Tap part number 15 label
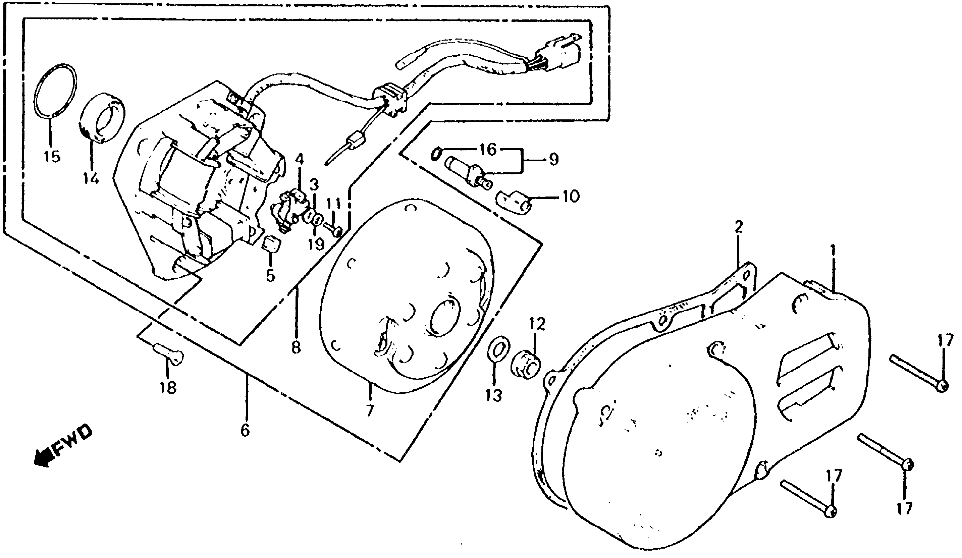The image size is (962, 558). (x=52, y=157)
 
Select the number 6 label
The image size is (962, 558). (x=245, y=430)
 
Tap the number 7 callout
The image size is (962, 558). (x=369, y=411)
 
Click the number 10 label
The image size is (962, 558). (x=571, y=197)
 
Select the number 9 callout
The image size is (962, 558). (x=554, y=159)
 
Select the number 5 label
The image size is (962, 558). (x=271, y=275)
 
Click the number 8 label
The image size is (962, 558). (x=297, y=347)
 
